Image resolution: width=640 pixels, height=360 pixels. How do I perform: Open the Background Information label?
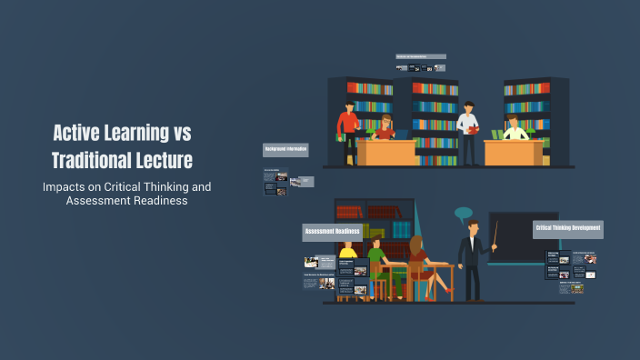pyautogui.click(x=285, y=149)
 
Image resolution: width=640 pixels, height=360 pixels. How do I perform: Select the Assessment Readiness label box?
pyautogui.click(x=332, y=232)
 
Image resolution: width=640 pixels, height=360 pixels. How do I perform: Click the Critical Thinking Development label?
pyautogui.click(x=568, y=227)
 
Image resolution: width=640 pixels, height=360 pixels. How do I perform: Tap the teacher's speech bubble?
pyautogui.click(x=465, y=215)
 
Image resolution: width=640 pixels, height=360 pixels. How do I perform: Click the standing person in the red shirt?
pyautogui.click(x=346, y=127)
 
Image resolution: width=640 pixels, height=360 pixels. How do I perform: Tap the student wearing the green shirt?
pyautogui.click(x=374, y=256)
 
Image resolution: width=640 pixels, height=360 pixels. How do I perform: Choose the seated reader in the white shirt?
pyautogui.click(x=515, y=130)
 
